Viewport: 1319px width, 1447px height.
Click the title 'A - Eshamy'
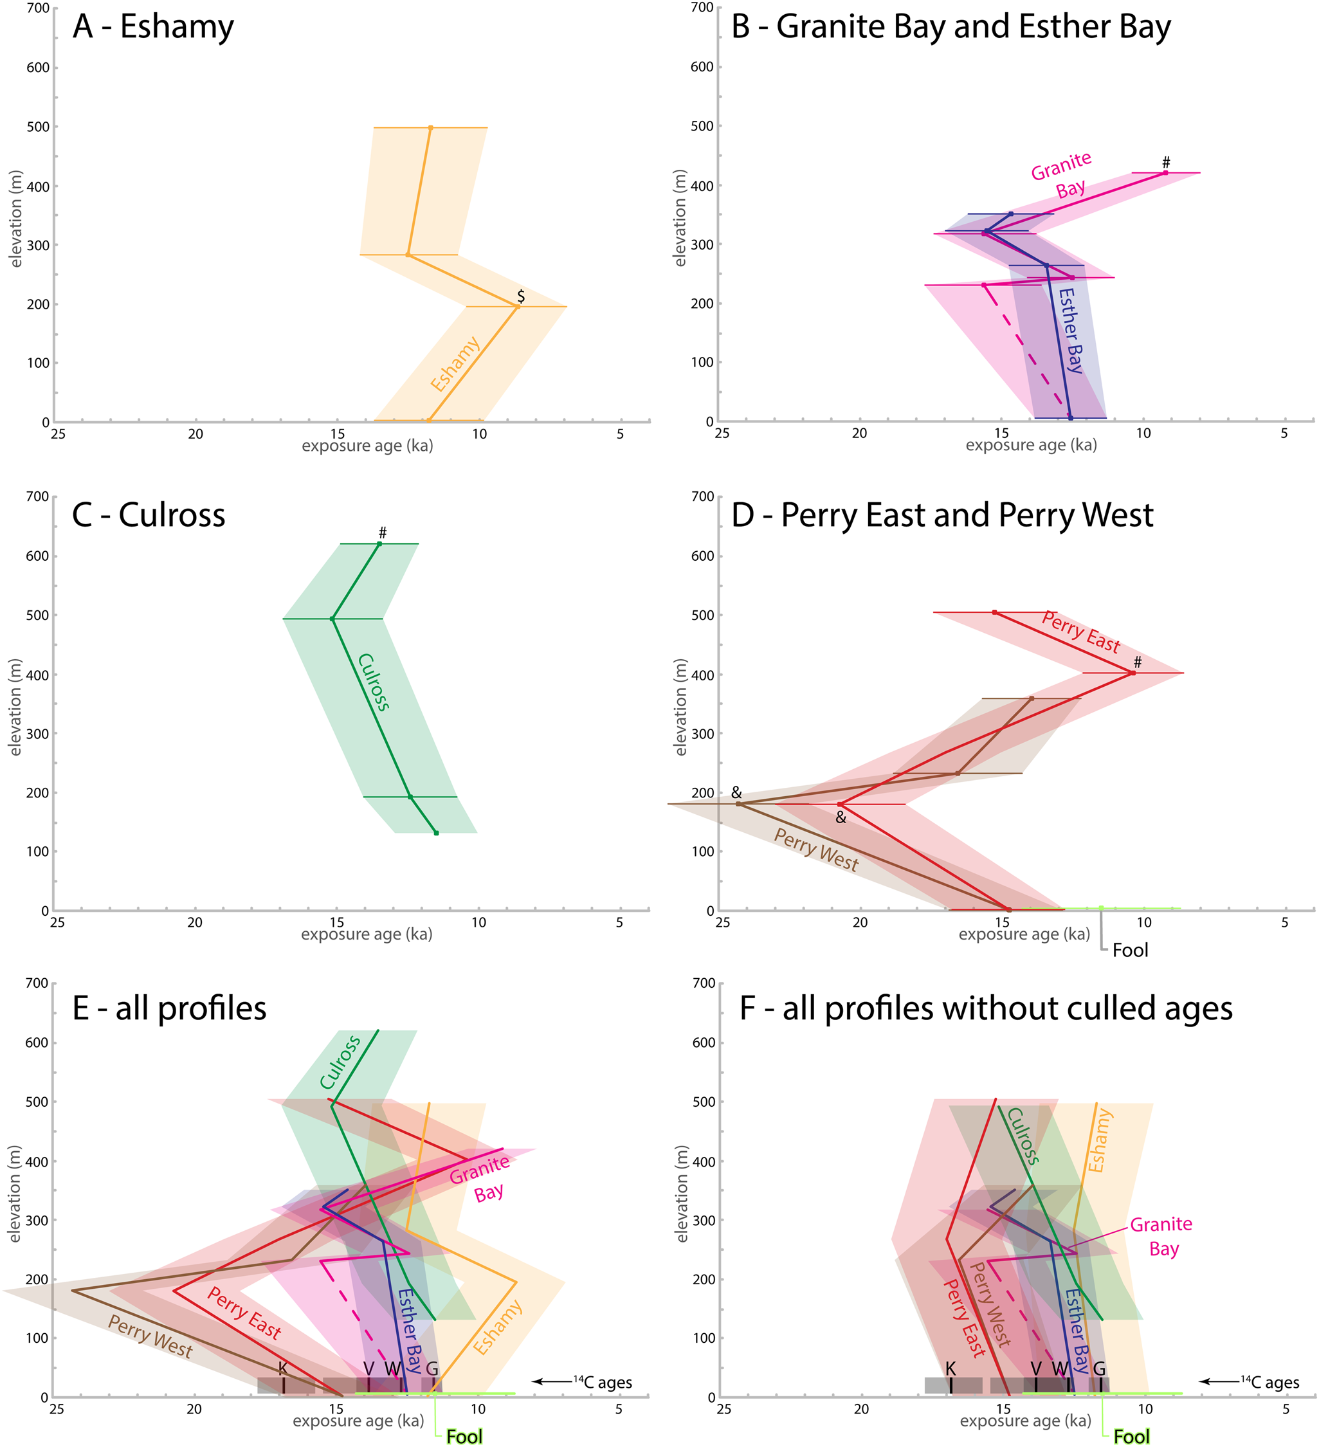point(153,27)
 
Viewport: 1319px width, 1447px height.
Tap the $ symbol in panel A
point(521,296)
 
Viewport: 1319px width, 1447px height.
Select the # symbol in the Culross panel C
point(383,532)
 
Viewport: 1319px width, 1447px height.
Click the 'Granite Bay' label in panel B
point(1064,176)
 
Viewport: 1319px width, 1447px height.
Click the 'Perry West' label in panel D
point(816,849)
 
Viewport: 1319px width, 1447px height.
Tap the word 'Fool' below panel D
point(1131,951)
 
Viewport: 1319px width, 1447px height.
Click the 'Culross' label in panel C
point(374,682)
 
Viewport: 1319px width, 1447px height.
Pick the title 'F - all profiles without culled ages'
point(986,1008)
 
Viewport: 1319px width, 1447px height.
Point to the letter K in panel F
point(951,1369)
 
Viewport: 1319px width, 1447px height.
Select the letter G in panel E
point(432,1369)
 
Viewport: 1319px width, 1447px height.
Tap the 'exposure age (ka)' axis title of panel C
point(366,934)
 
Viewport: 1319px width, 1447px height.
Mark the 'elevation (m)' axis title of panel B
point(680,218)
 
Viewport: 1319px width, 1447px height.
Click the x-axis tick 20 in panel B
point(859,433)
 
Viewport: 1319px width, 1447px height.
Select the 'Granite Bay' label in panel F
point(1162,1236)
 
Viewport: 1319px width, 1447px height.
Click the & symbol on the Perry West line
point(736,792)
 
